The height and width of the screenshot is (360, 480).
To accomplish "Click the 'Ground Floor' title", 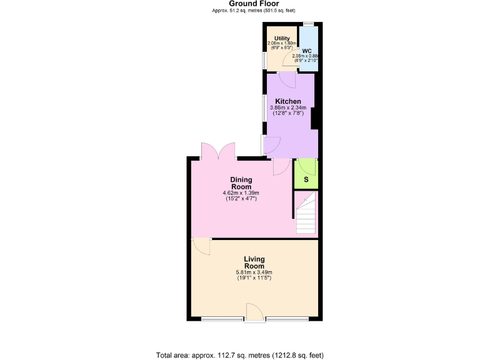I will pyautogui.click(x=240, y=4).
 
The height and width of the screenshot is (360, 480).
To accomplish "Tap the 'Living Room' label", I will pyautogui.click(x=254, y=262).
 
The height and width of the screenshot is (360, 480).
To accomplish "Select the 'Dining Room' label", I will pyautogui.click(x=241, y=183).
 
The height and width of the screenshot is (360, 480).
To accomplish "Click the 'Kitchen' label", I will pyautogui.click(x=288, y=101).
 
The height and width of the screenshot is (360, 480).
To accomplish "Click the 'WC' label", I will pyautogui.click(x=307, y=51).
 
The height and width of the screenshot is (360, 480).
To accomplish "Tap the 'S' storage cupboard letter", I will pyautogui.click(x=306, y=180).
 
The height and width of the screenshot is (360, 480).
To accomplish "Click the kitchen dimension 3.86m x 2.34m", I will pyautogui.click(x=288, y=111).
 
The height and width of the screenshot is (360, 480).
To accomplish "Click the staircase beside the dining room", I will pyautogui.click(x=306, y=216).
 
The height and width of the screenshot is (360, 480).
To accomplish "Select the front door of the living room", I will pyautogui.click(x=254, y=312).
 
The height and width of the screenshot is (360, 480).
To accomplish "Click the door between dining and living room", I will pyautogui.click(x=201, y=246).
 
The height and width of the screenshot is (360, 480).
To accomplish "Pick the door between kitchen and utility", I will pyautogui.click(x=286, y=79).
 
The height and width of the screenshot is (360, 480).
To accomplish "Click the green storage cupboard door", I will pyautogui.click(x=307, y=166).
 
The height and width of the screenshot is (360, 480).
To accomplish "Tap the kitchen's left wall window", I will pyautogui.click(x=263, y=107).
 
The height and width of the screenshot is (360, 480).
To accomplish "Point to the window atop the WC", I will pyautogui.click(x=308, y=24).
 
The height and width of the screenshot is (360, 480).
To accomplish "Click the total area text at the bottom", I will pyautogui.click(x=240, y=355).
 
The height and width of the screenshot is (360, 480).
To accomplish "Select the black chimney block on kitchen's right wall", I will pyautogui.click(x=315, y=118).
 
